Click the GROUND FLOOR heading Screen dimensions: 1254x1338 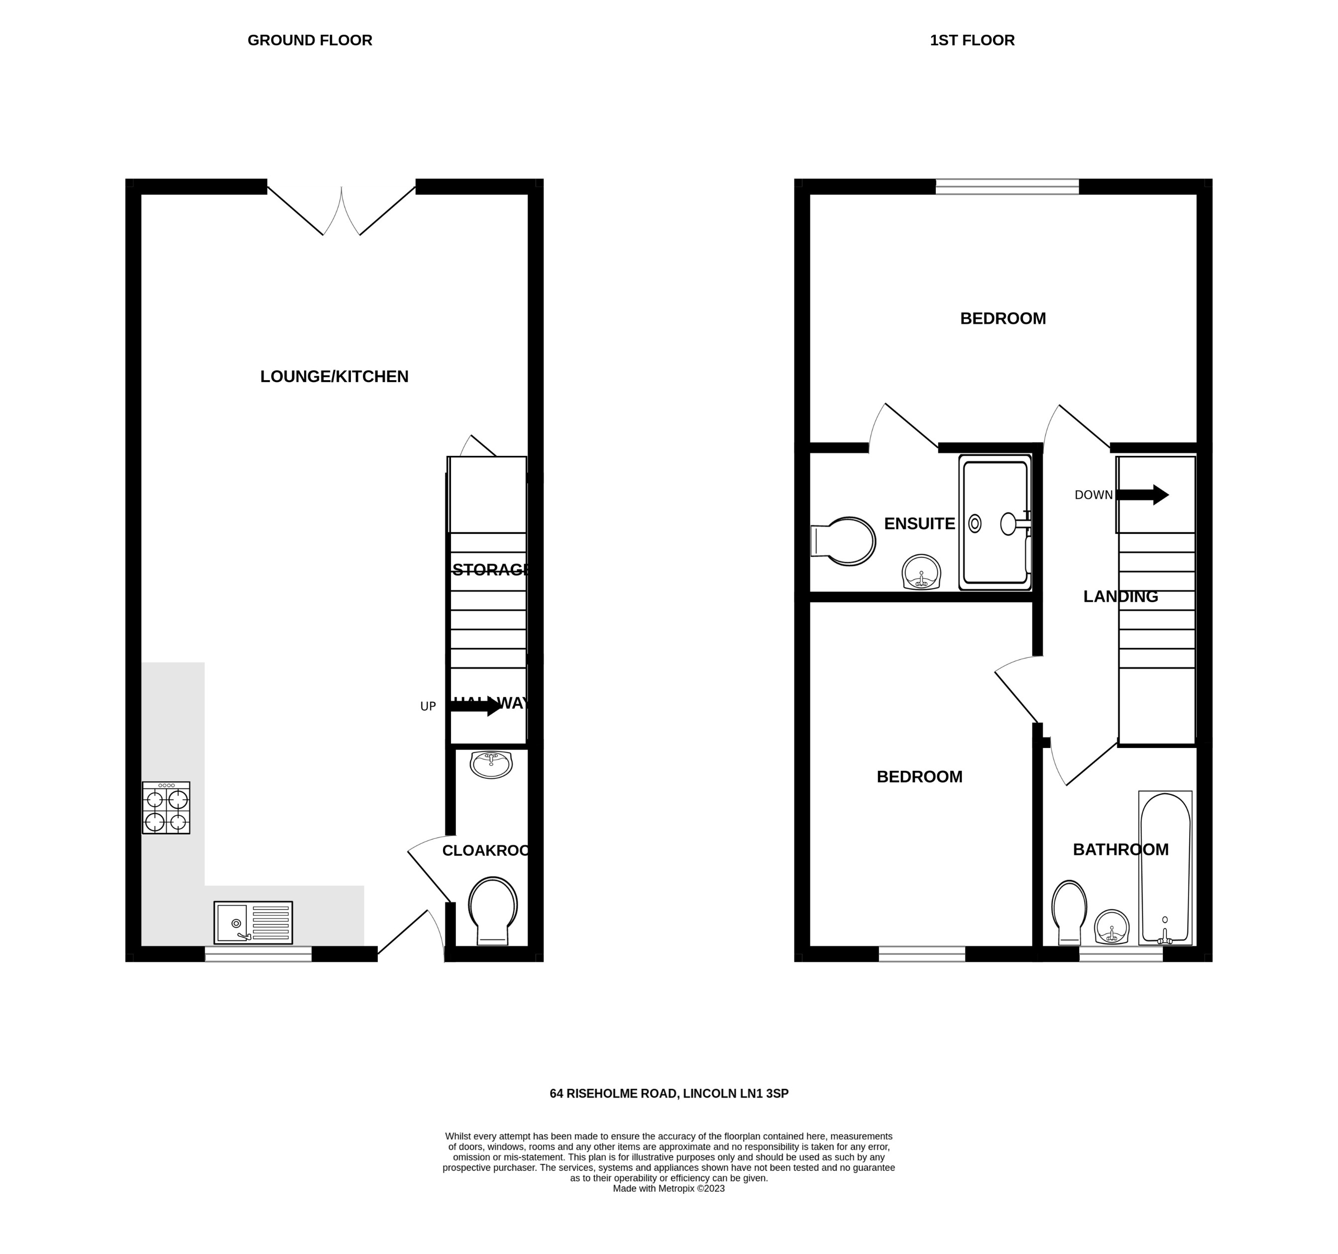tap(310, 40)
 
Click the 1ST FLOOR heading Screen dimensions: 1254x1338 tap(972, 40)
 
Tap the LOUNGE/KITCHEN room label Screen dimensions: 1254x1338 tap(334, 377)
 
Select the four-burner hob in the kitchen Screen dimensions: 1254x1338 tap(166, 808)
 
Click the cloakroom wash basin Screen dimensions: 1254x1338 tap(491, 764)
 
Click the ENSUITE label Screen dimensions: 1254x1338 tap(919, 523)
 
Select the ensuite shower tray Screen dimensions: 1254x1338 tap(995, 522)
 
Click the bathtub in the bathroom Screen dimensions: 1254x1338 tap(1165, 868)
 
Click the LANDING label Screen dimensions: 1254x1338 tap(1120, 597)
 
